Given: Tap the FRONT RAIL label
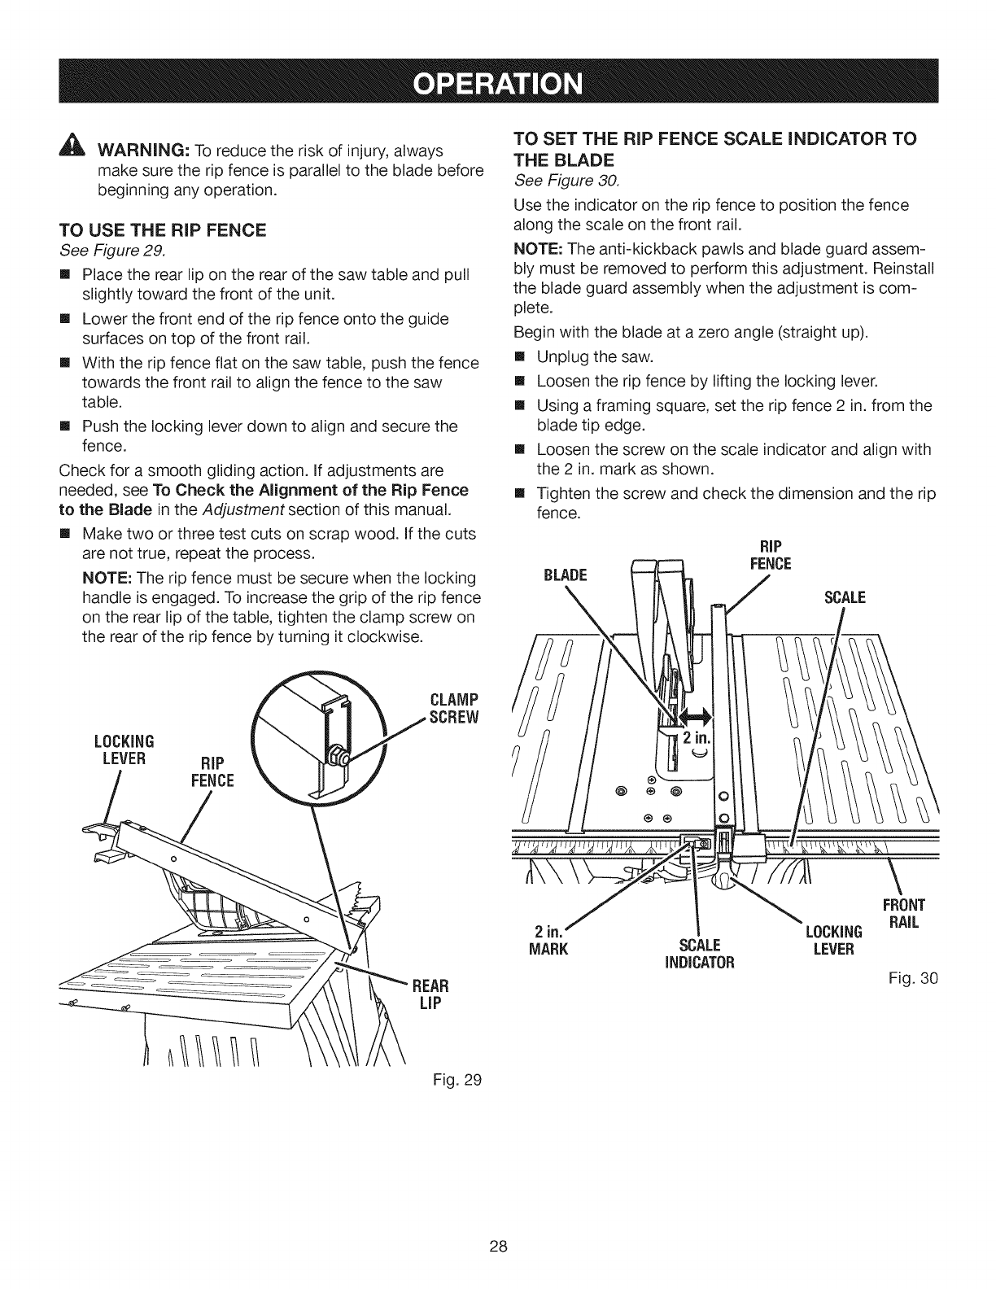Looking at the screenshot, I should (x=904, y=914).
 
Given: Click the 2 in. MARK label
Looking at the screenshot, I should (x=546, y=939).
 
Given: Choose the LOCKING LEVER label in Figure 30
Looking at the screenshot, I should (x=832, y=940).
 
